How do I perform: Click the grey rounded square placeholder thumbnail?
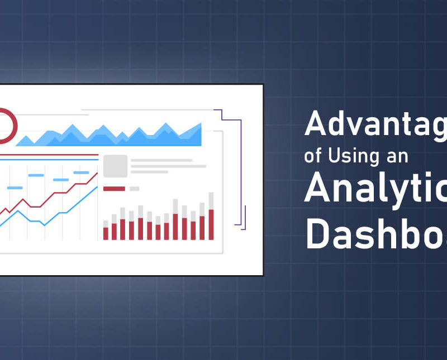click(x=115, y=166)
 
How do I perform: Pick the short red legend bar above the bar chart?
click(x=114, y=189)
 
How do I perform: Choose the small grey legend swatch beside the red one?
click(x=134, y=189)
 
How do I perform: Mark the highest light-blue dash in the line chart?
click(x=81, y=172)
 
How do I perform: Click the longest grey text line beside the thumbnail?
click(x=168, y=166)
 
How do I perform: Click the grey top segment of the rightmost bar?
click(x=211, y=200)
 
